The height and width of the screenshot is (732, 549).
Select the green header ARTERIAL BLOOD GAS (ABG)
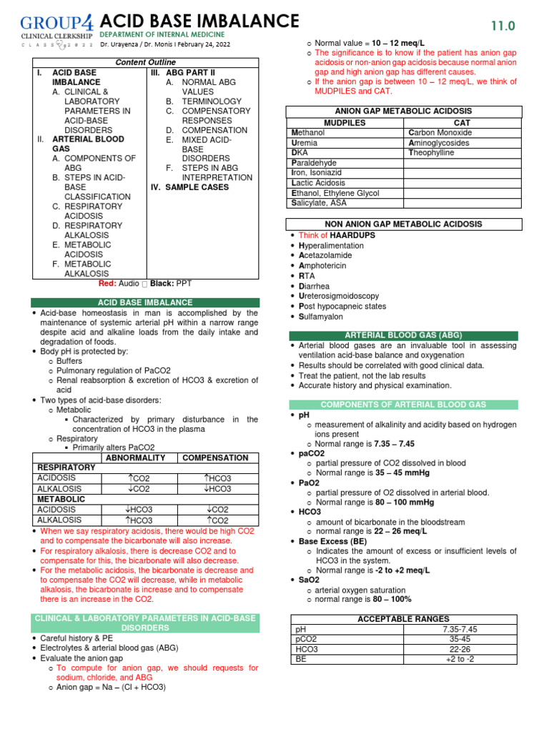point(404,335)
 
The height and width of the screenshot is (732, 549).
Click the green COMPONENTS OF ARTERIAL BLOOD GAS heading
point(404,405)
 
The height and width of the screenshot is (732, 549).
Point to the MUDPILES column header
point(345,123)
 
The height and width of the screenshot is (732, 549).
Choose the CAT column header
point(463,123)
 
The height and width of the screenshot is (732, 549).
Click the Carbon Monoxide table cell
point(440,133)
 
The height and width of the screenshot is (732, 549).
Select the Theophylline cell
point(431,153)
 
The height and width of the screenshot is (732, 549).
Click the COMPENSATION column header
point(216,457)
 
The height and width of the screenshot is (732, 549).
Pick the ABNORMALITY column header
point(135,457)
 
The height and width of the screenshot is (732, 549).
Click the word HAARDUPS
point(352,235)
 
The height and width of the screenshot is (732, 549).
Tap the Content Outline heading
point(144,63)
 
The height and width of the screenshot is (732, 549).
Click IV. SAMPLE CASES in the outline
point(189,187)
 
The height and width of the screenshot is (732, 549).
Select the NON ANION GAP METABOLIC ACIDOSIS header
point(404,224)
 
